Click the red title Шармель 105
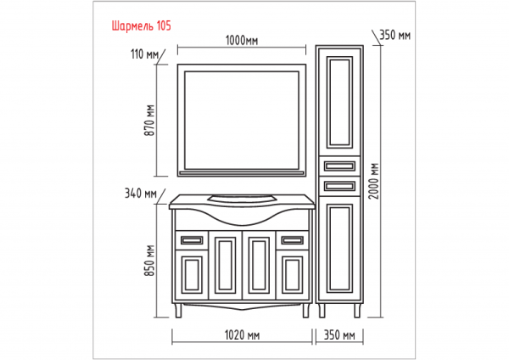click(x=142, y=25)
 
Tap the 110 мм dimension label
click(x=146, y=55)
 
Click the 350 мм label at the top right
click(x=395, y=36)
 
